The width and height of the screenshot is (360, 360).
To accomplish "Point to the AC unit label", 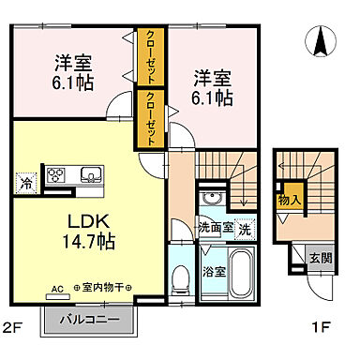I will [56, 288].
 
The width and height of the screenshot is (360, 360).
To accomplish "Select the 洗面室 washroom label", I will [214, 228].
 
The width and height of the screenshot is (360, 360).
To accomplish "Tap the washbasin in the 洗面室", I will [211, 200].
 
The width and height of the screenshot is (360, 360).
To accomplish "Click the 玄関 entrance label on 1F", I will [320, 254].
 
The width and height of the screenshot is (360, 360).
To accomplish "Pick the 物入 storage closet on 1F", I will [289, 198].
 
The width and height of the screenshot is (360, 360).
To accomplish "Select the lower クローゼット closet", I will [147, 117].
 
